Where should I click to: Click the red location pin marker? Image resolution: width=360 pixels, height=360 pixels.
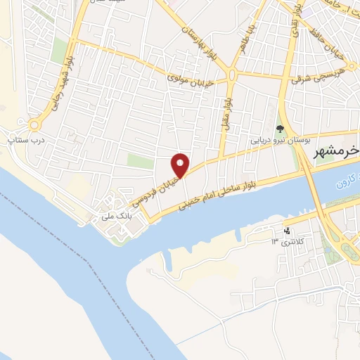(x=181, y=165)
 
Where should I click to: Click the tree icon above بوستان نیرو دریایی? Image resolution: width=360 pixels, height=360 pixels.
(x=281, y=128)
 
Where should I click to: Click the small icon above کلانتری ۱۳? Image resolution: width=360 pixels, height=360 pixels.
(x=286, y=231)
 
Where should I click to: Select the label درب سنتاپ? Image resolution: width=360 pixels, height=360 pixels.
(x=25, y=140)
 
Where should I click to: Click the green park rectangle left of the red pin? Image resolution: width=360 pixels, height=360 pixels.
(x=140, y=162)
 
